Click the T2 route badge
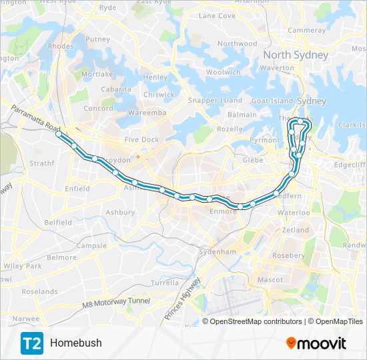click(31, 343)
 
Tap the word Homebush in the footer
click(75, 343)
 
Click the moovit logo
click(316, 343)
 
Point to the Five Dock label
click(141, 139)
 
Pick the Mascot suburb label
click(270, 279)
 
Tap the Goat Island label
click(272, 101)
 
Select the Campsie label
click(91, 245)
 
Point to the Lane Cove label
click(217, 15)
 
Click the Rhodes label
click(61, 46)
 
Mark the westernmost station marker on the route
click(59, 135)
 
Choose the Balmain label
click(242, 115)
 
